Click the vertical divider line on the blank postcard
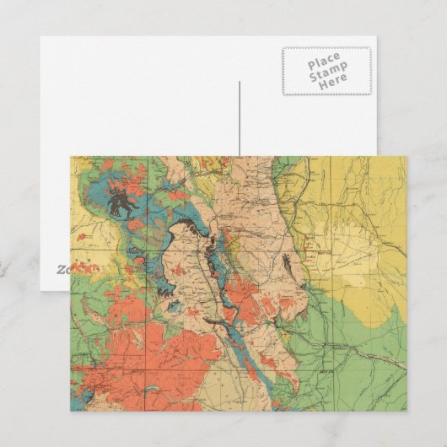240,118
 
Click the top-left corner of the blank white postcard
40,36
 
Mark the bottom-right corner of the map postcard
407,412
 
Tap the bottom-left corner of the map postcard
70,412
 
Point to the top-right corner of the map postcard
407,156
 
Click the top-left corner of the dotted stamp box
283,48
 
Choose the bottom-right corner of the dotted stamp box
370,94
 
